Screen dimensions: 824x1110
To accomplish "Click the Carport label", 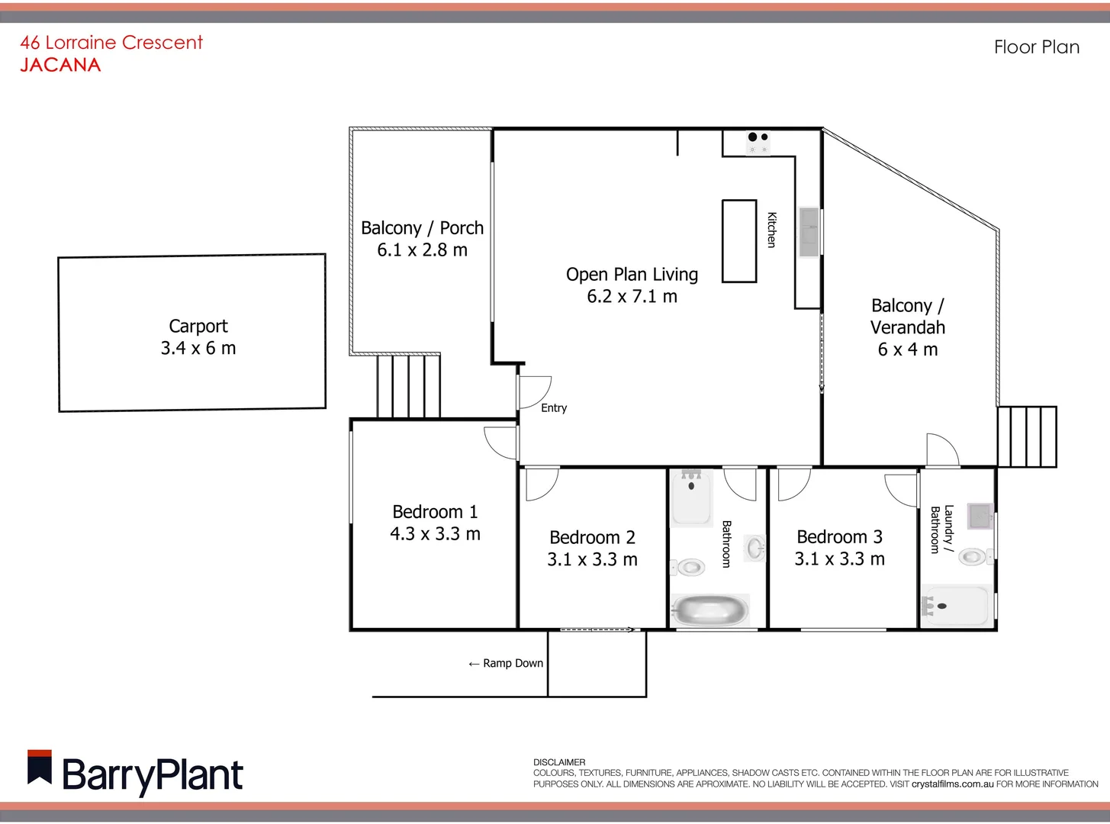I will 198,326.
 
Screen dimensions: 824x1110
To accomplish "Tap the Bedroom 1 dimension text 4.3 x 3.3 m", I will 435,534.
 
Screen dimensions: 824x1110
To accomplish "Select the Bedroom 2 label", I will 592,537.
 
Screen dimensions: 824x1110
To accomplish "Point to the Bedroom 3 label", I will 839,536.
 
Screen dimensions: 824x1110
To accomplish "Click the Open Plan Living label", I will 632,274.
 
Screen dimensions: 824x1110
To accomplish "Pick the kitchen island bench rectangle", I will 738,241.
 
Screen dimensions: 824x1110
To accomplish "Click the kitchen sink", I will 808,232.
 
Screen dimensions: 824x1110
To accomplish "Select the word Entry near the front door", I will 554,408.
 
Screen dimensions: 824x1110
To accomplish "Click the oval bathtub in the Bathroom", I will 710,611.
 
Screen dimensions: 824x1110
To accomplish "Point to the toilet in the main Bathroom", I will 690,567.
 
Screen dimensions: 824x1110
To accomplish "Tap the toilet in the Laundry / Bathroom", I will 972,556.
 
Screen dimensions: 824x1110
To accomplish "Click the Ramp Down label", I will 506,663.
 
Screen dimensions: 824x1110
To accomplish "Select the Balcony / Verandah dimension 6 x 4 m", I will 907,349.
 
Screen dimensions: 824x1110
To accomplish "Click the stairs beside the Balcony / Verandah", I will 1027,436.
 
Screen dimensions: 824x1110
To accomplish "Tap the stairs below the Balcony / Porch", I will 408,386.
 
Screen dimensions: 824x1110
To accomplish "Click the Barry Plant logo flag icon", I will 40,768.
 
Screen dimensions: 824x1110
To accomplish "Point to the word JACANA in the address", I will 60,65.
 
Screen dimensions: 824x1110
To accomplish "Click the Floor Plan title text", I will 1036,47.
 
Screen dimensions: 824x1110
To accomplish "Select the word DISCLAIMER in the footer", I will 559,762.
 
